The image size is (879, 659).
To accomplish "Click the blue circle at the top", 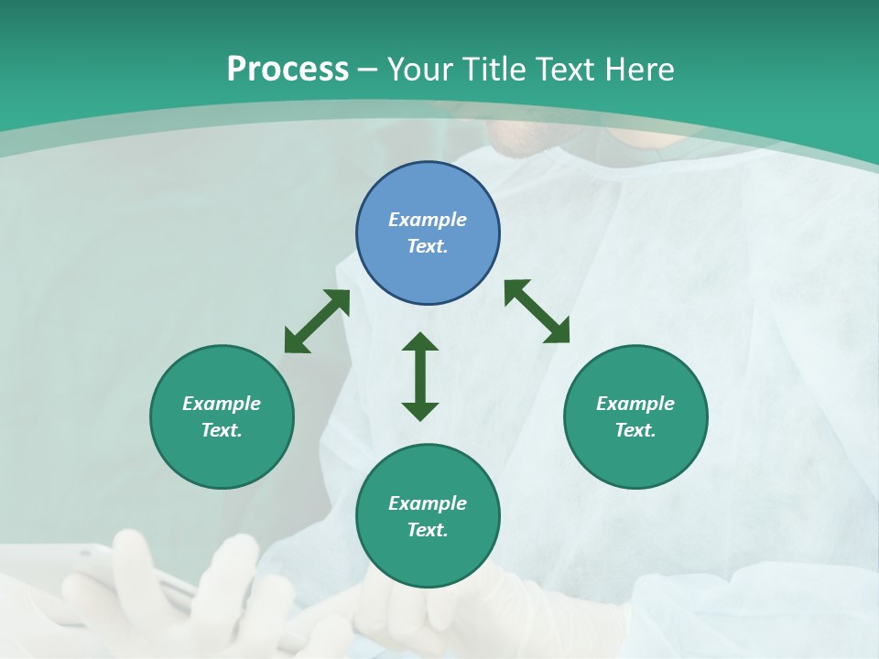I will tap(428, 233).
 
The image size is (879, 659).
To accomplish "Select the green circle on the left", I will tap(222, 416).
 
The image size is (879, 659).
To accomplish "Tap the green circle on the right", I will tap(635, 416).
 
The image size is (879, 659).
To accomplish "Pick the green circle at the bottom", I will tap(428, 515).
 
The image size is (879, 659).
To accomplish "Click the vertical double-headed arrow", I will tap(420, 376).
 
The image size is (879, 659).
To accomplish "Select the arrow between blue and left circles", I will tap(317, 321).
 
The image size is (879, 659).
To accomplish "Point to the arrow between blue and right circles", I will tap(537, 311).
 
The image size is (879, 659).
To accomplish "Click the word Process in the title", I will tap(288, 70).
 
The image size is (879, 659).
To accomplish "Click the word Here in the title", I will tap(641, 70).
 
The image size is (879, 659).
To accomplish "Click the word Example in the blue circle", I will tap(428, 220).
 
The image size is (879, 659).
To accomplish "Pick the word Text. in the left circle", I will tap(222, 430).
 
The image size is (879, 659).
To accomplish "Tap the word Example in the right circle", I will tap(635, 404).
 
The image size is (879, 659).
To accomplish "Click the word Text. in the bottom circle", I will tap(428, 530).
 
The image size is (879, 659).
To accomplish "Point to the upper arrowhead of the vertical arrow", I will tap(420, 341).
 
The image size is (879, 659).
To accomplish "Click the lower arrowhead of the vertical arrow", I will tap(420, 411).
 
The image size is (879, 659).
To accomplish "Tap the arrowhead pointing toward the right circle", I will tap(558, 333).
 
